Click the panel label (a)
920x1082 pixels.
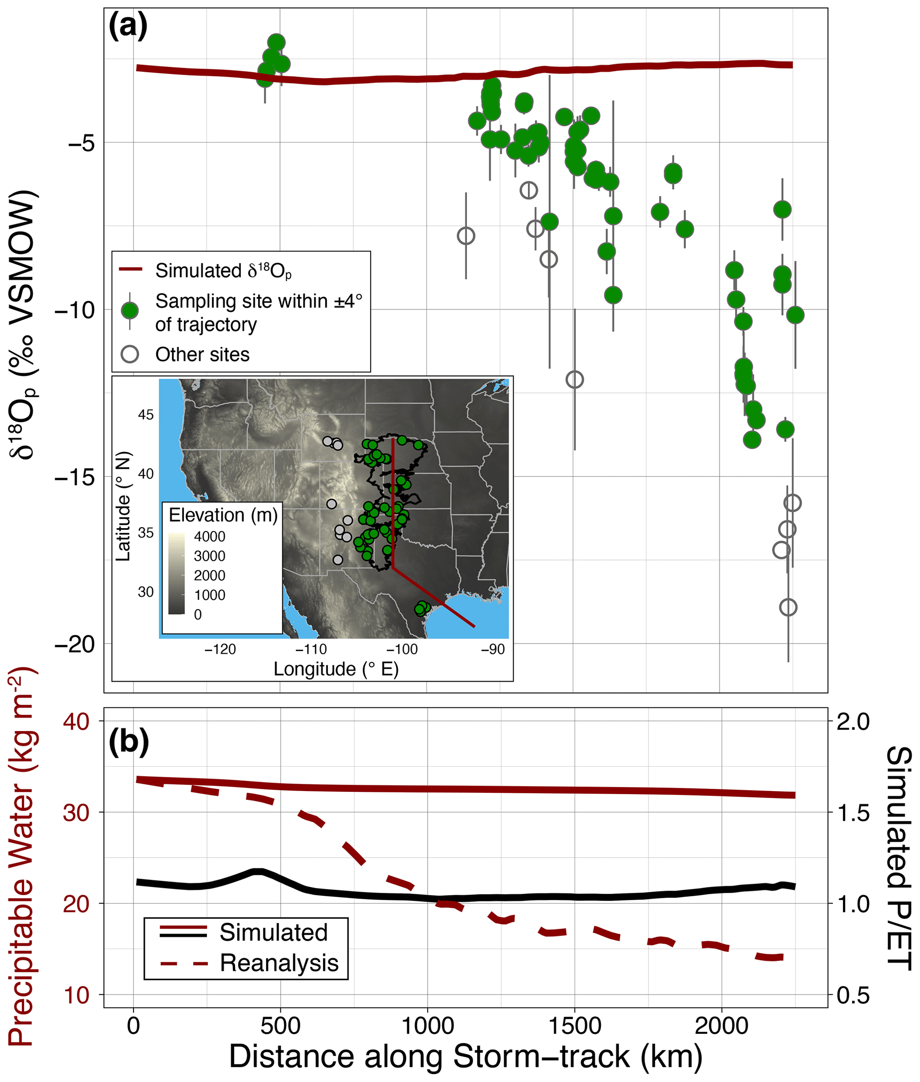[x=128, y=26]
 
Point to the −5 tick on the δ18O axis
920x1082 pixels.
[x=81, y=143]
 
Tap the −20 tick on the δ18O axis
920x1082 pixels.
[x=75, y=644]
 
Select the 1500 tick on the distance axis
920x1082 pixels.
[x=575, y=1025]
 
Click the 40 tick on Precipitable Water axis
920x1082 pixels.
[x=76, y=722]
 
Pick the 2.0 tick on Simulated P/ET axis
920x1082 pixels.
[x=853, y=722]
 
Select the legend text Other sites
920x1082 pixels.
[x=203, y=355]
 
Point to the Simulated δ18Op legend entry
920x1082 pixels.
[x=223, y=271]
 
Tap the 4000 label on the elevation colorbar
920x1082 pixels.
[x=210, y=536]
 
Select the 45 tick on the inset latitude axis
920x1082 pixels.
[x=146, y=415]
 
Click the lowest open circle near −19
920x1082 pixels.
[x=788, y=607]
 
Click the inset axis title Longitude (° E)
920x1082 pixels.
[x=336, y=669]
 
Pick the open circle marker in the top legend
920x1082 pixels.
[x=130, y=355]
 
